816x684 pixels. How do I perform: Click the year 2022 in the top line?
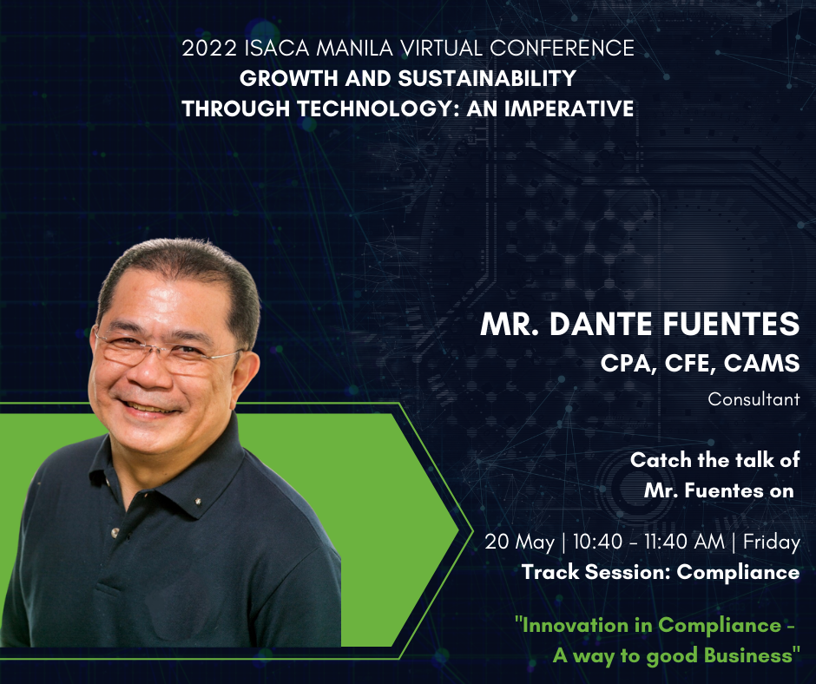tap(209, 48)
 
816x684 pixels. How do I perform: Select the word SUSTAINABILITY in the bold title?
tap(487, 78)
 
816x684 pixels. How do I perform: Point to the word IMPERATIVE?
tap(569, 109)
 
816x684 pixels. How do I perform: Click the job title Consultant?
tap(753, 399)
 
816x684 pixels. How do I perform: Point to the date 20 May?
tap(519, 542)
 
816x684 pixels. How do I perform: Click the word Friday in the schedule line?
tap(771, 542)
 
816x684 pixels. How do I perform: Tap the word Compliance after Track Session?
tap(738, 572)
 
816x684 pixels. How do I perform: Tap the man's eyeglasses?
tap(167, 353)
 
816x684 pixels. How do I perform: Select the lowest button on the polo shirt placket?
tap(115, 532)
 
